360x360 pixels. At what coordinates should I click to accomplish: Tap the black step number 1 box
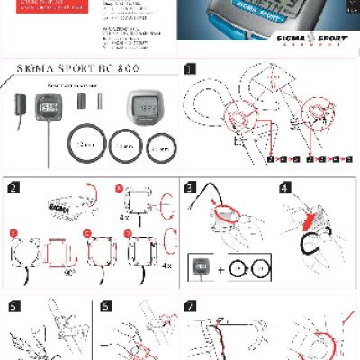click(x=189, y=68)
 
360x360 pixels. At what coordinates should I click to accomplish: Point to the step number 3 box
click(x=190, y=187)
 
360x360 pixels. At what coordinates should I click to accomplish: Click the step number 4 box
click(x=284, y=187)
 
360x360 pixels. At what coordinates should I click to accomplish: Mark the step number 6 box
click(x=106, y=307)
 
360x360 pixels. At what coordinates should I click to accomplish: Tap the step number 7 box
click(x=190, y=307)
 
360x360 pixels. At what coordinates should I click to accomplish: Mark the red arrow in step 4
click(x=310, y=220)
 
